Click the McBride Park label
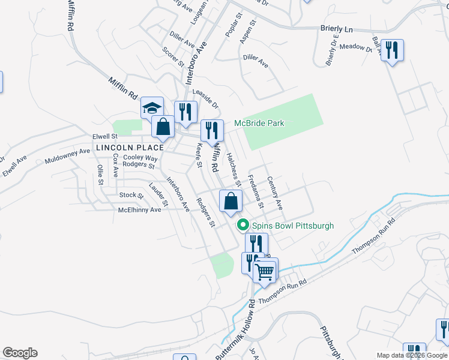tap(259, 124)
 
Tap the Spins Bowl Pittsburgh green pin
tap(243, 226)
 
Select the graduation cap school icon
tap(152, 108)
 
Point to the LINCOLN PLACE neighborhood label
tap(130, 148)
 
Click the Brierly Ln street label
tap(336, 28)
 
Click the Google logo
tap(20, 353)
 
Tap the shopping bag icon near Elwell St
tap(163, 127)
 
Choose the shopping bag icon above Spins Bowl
tap(231, 202)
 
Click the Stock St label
tap(131, 195)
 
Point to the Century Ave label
tap(275, 193)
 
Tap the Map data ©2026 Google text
tap(411, 355)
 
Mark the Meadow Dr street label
tap(355, 46)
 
